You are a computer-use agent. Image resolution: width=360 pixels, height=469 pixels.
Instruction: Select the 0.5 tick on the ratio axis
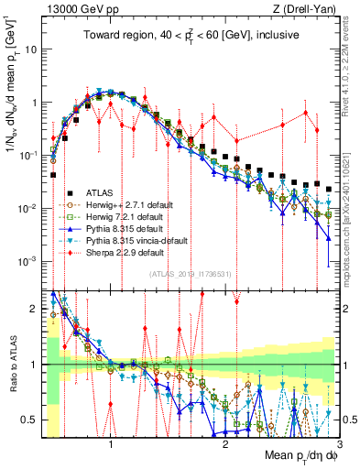(34, 420)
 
